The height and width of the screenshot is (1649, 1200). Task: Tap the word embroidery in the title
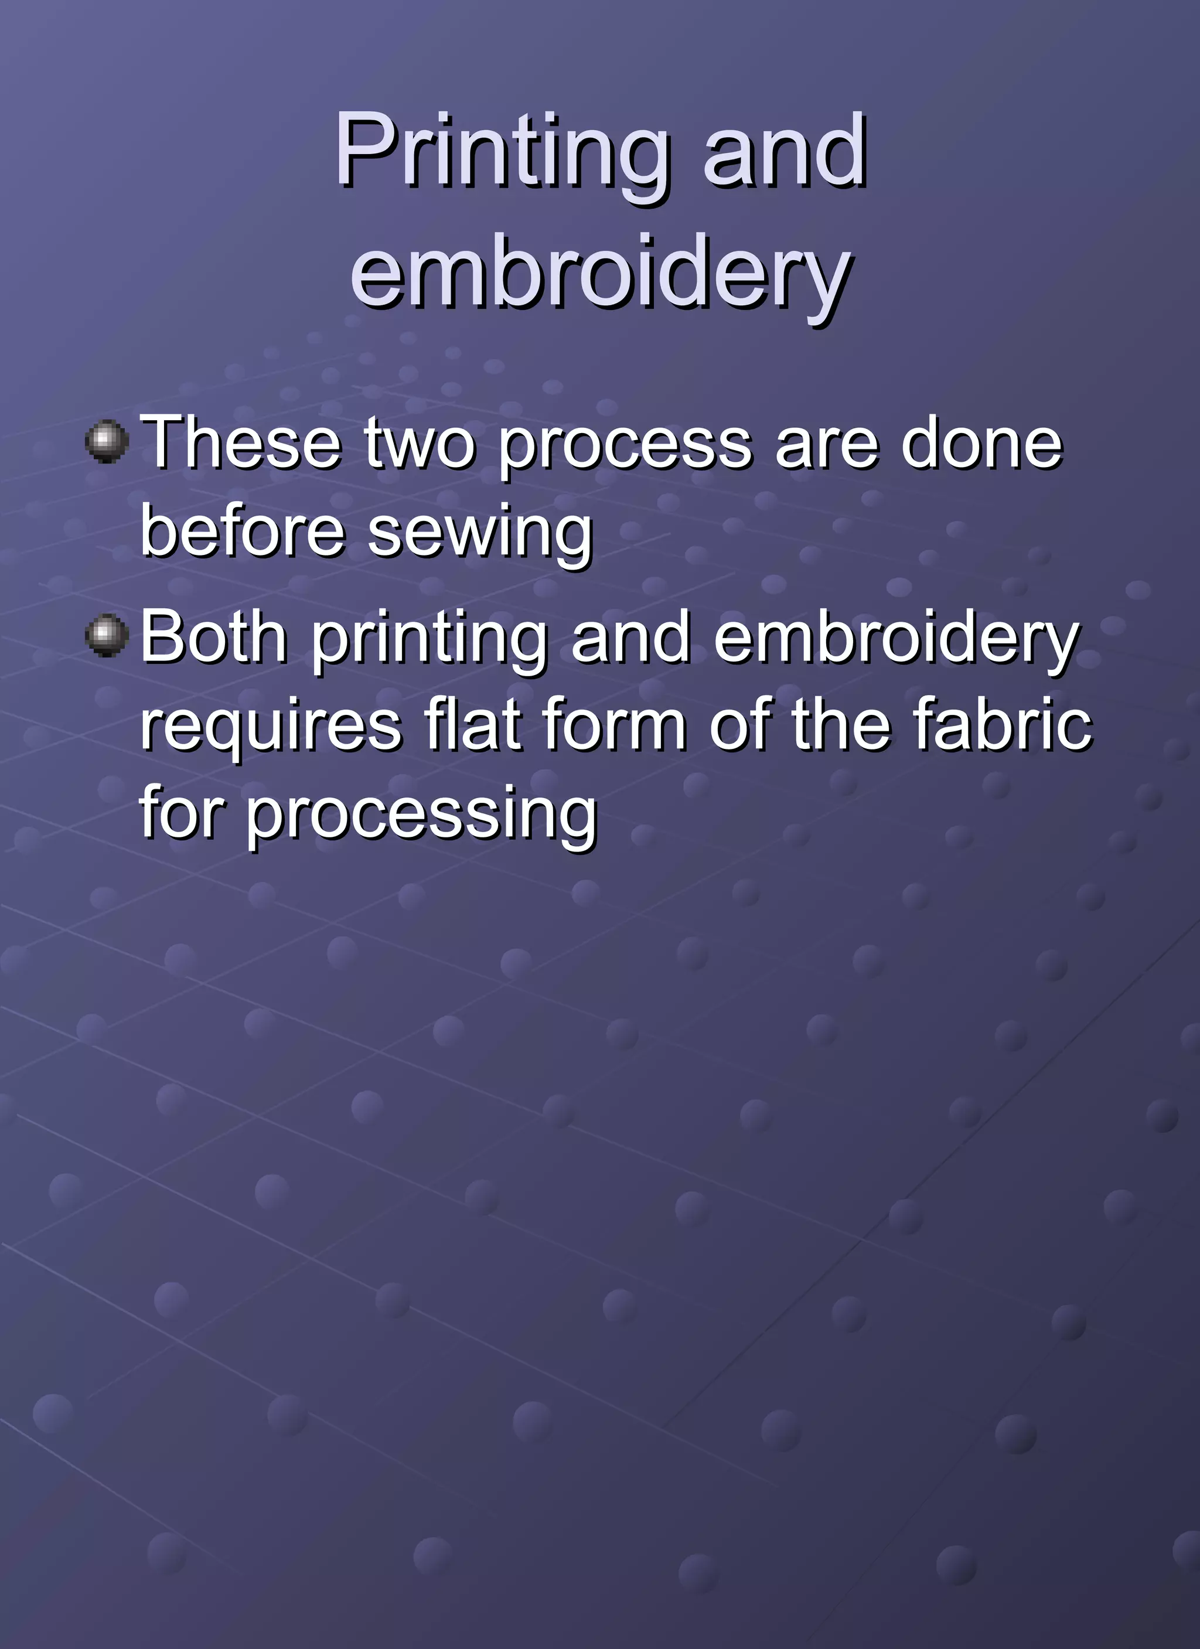(601, 276)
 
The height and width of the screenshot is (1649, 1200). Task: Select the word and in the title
(785, 153)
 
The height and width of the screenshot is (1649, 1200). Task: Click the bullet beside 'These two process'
(107, 441)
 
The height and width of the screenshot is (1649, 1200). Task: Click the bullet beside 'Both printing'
(107, 635)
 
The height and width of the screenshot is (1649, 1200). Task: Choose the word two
(420, 444)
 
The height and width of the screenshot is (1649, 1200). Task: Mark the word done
(982, 444)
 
